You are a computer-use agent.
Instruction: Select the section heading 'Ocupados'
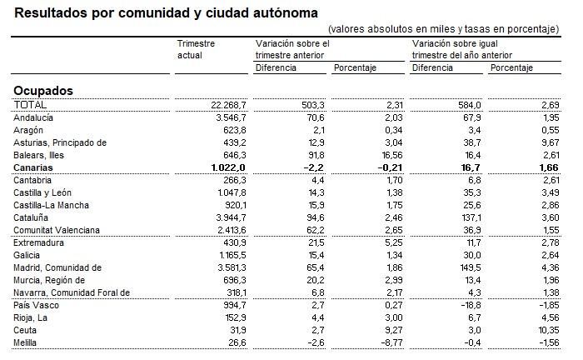pos(43,90)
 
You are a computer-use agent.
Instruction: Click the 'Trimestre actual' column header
pos(197,48)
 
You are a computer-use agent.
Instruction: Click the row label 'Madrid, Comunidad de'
pos(57,267)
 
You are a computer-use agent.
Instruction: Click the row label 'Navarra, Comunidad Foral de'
pos(72,292)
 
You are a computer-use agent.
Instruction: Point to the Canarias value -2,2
pos(311,167)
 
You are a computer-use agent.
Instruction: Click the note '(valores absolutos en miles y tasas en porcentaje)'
pos(444,28)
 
